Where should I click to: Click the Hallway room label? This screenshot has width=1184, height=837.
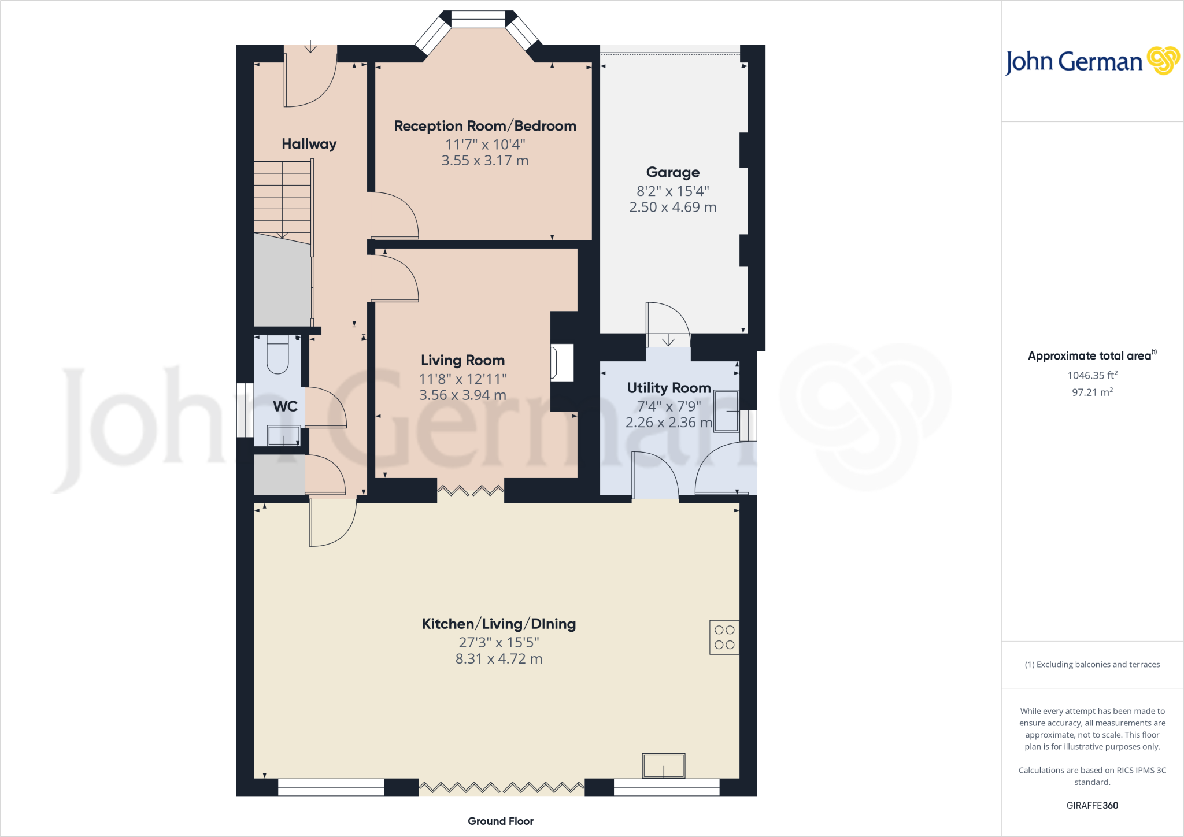(x=309, y=144)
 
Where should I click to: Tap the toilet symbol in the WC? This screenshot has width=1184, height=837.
(x=277, y=355)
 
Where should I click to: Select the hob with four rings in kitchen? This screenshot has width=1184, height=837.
(x=724, y=637)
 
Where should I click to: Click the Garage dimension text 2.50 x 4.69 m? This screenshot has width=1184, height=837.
(x=672, y=207)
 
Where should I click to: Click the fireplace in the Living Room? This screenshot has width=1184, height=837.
(x=562, y=362)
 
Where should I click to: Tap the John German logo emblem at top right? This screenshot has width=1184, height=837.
(x=1163, y=61)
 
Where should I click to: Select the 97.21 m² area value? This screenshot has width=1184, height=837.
(x=1091, y=392)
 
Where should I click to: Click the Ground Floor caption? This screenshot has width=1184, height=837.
(x=500, y=821)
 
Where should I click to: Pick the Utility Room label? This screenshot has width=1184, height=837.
(x=668, y=388)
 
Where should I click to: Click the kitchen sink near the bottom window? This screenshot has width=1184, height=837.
(x=663, y=765)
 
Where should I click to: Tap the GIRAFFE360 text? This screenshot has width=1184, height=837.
(x=1091, y=805)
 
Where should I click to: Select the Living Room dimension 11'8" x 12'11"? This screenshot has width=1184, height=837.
(x=462, y=379)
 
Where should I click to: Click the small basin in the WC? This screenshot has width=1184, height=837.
(x=283, y=435)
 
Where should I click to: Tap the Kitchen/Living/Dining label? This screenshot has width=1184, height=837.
(x=498, y=624)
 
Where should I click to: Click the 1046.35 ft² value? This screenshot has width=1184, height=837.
(x=1091, y=376)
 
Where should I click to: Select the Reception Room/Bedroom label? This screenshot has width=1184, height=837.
(x=484, y=126)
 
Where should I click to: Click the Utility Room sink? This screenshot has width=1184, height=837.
(x=726, y=411)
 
